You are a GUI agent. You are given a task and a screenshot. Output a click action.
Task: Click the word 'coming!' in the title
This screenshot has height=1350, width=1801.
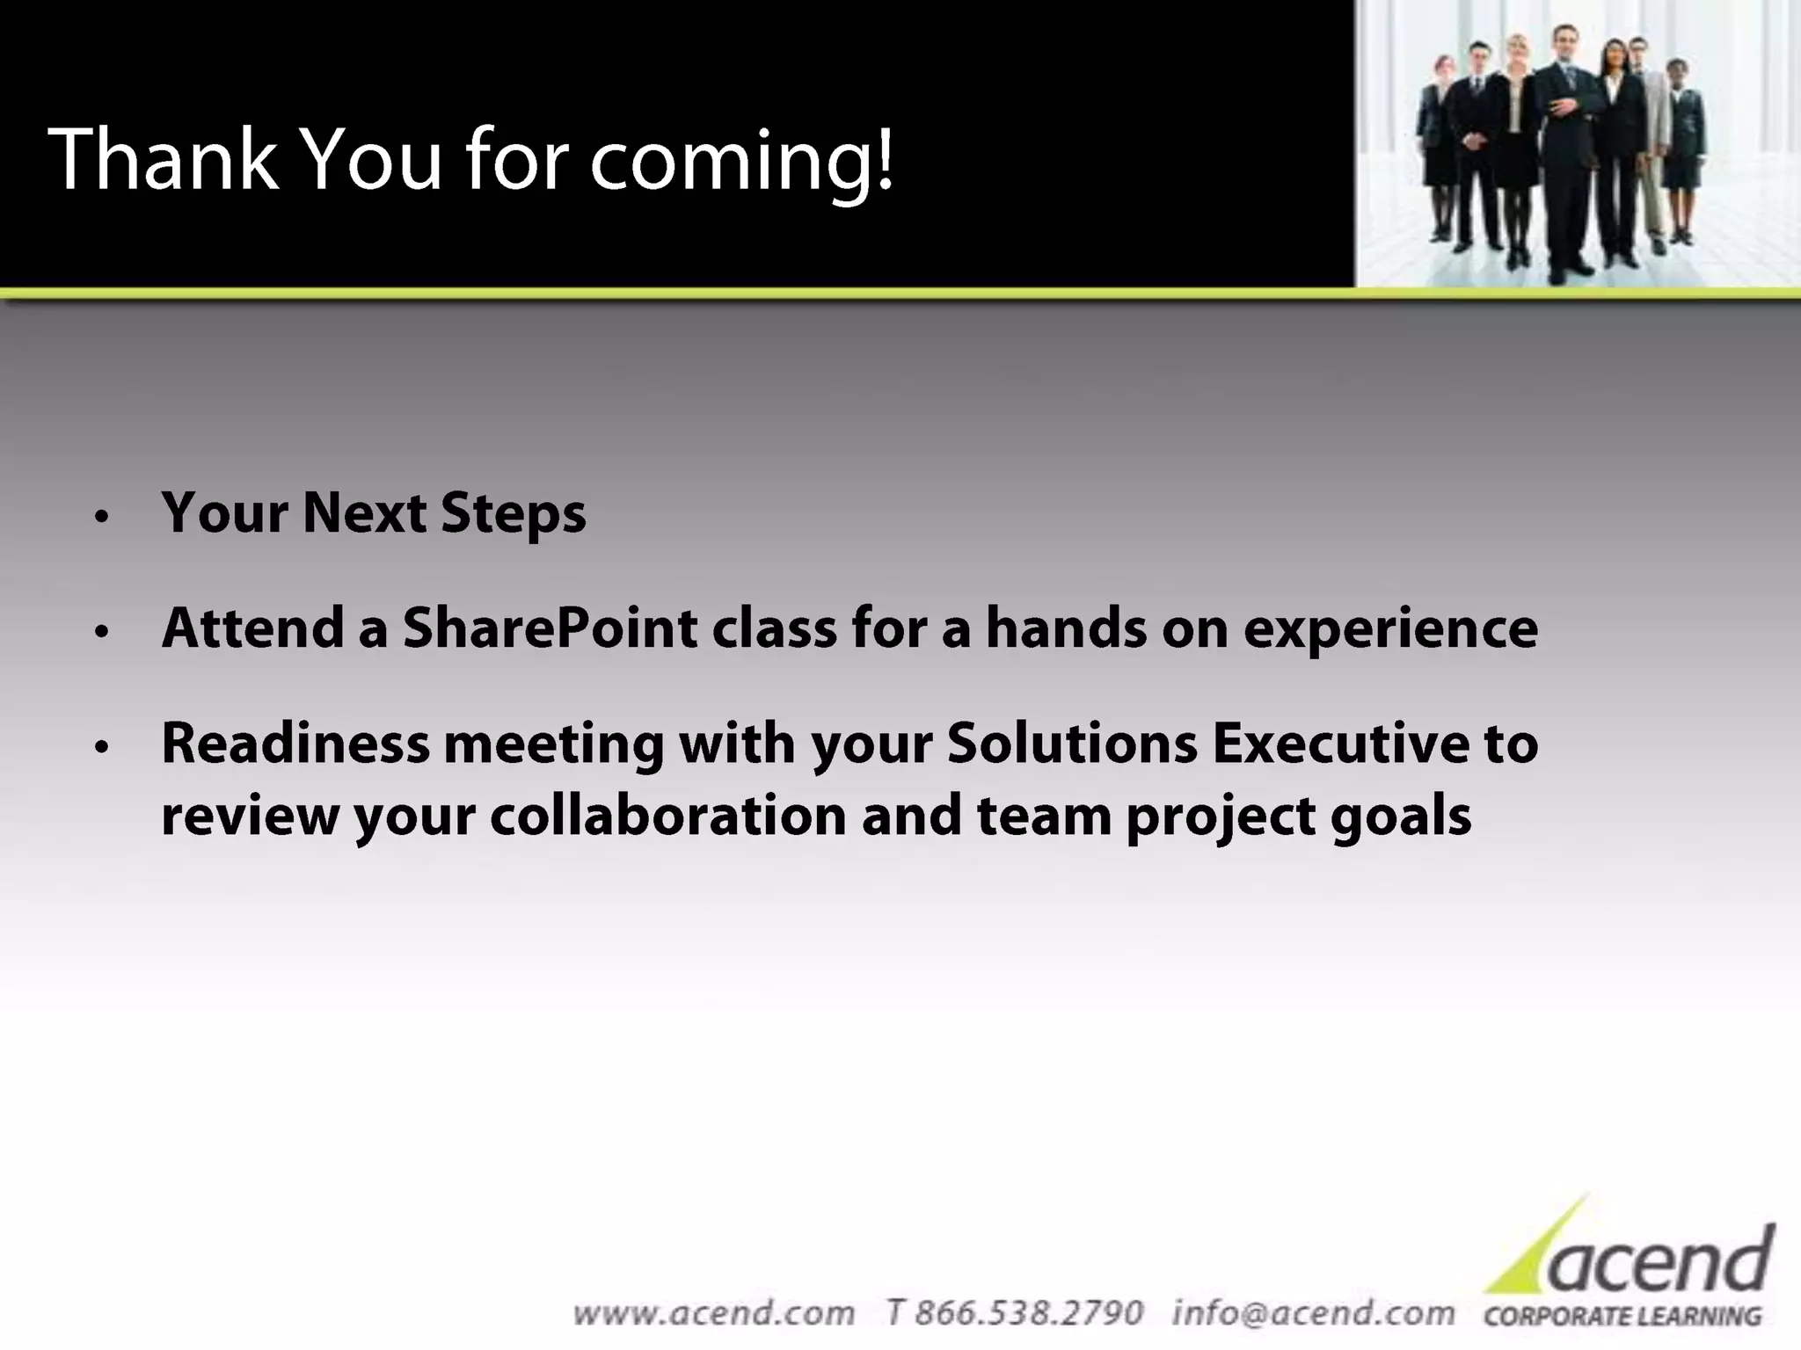pyautogui.click(x=741, y=160)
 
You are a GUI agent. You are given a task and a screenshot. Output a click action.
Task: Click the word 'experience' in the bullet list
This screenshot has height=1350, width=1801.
pyautogui.click(x=1390, y=630)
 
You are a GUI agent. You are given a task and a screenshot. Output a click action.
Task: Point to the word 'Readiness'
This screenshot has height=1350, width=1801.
pyautogui.click(x=295, y=744)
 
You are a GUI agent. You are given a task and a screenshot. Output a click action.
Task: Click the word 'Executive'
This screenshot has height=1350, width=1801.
pyautogui.click(x=1340, y=744)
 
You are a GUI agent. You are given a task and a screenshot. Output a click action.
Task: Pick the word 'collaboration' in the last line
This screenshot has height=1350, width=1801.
pyautogui.click(x=667, y=816)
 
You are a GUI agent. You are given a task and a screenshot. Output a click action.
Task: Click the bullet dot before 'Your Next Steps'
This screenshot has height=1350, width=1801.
pyautogui.click(x=103, y=516)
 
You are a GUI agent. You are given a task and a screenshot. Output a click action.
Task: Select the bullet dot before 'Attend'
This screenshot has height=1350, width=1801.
pyautogui.click(x=103, y=631)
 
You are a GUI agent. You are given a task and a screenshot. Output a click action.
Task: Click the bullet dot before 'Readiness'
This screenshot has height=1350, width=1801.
pyautogui.click(x=103, y=747)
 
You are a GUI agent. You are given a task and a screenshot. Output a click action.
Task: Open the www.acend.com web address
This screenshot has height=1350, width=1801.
pyautogui.click(x=713, y=1313)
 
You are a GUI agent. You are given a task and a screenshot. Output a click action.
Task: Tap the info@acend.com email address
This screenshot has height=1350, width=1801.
pyautogui.click(x=1313, y=1313)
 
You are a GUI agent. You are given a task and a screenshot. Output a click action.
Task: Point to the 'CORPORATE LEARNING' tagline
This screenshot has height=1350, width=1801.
pyautogui.click(x=1622, y=1317)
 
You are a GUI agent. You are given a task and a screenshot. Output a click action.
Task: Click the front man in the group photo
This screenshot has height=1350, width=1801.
pyautogui.click(x=1567, y=149)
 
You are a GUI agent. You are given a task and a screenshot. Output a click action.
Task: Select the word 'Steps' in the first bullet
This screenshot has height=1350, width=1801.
pyautogui.click(x=513, y=513)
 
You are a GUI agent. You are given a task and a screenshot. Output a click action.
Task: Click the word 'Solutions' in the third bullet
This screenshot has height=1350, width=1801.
pyautogui.click(x=1072, y=744)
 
